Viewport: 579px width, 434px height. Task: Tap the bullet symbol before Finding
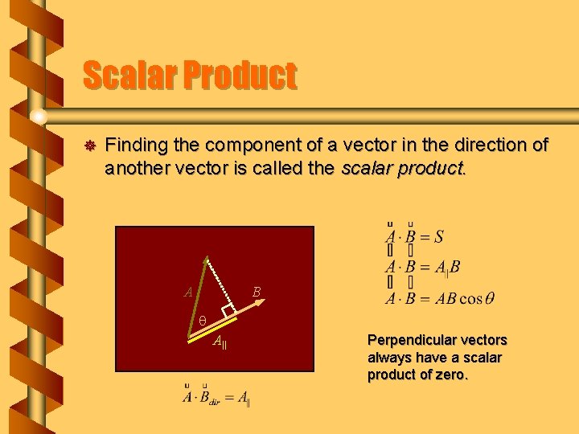(89, 145)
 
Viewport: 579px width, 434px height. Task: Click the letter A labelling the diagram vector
(188, 293)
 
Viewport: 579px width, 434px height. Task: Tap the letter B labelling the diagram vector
(257, 292)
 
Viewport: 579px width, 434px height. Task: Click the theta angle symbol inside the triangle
(203, 320)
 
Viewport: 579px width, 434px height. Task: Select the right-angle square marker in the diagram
(228, 311)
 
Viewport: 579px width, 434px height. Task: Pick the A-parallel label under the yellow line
(220, 343)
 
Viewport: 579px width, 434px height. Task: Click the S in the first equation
(438, 236)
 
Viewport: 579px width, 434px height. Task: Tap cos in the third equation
(470, 299)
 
